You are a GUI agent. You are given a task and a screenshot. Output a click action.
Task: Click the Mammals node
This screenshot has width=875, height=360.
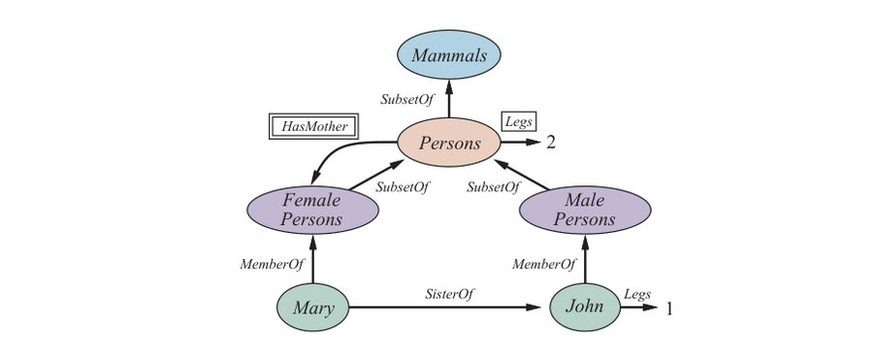click(449, 54)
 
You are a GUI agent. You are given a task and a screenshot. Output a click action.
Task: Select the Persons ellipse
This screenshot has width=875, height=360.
click(449, 143)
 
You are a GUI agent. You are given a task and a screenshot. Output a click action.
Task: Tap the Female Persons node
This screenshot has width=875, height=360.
click(312, 210)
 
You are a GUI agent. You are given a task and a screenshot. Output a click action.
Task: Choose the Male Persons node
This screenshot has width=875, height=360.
click(585, 210)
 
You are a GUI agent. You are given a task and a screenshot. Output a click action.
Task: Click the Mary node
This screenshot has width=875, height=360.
click(313, 307)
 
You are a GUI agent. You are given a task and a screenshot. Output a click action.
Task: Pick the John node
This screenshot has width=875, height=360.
click(585, 307)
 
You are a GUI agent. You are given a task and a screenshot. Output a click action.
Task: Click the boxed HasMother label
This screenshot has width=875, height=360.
click(313, 126)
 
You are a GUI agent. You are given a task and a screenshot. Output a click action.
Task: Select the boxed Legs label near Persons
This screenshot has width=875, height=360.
click(519, 121)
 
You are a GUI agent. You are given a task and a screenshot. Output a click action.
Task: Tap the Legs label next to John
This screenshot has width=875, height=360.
click(637, 294)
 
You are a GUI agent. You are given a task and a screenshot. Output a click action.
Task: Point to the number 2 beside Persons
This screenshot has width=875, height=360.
click(551, 143)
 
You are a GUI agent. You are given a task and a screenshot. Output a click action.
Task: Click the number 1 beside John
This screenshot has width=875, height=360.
click(669, 309)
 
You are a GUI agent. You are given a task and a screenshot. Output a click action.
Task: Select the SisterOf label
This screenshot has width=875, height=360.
click(450, 294)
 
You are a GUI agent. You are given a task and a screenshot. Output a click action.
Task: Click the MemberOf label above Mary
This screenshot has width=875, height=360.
click(272, 264)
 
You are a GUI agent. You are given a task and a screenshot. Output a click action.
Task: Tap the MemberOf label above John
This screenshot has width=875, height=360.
click(544, 264)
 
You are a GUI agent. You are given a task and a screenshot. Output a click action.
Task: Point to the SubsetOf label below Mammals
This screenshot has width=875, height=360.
click(406, 99)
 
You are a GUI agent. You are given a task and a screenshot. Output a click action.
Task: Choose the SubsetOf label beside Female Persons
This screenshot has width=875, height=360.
click(403, 187)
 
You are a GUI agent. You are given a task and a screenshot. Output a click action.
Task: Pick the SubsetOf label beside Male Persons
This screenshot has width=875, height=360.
click(494, 187)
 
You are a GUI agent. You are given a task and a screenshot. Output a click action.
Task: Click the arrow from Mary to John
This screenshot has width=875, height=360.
click(444, 307)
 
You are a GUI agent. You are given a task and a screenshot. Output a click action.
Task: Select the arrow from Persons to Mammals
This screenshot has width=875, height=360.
click(449, 98)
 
